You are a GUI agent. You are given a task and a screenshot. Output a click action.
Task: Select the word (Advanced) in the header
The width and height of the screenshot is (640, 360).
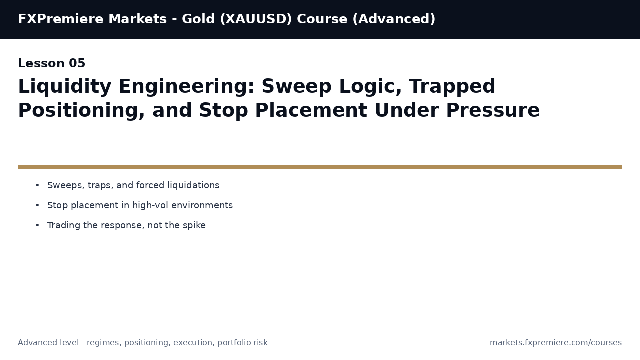point(396,19)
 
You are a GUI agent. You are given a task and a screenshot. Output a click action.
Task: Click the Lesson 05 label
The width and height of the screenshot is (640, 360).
point(52,64)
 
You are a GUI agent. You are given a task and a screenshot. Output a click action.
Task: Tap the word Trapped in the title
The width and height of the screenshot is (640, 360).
point(452,87)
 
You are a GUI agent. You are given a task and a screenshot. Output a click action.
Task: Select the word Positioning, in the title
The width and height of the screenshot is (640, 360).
point(81,111)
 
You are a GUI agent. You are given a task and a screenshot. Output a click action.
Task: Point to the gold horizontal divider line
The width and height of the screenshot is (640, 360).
point(320,167)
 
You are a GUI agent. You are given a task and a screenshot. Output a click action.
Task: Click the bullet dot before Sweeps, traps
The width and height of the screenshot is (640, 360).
point(37,185)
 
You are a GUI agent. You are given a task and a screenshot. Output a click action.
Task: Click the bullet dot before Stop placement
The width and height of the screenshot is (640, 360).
point(37,205)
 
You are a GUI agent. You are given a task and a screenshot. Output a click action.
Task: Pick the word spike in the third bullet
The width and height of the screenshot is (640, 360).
point(194,225)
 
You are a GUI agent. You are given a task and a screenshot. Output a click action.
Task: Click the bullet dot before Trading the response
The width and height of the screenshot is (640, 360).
point(37,225)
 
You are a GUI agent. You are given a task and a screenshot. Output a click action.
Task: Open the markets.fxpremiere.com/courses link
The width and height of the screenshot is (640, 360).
point(556,343)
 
